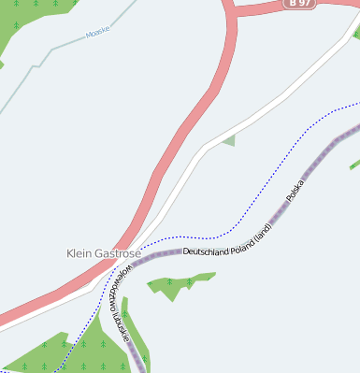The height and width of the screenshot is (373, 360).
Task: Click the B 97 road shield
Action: point(298,4)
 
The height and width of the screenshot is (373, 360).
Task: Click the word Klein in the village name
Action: point(81,253)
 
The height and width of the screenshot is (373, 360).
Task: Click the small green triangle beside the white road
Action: point(228,141)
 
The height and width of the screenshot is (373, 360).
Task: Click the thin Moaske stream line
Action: point(56,45)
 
